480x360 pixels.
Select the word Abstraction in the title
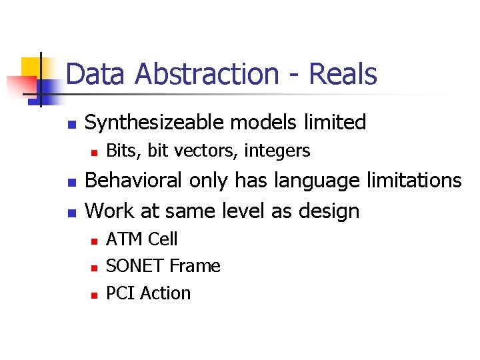[x=206, y=74]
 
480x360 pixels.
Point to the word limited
[x=335, y=122]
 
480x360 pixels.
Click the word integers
[x=277, y=152]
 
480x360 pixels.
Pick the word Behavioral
[x=135, y=181]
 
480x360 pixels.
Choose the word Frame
[x=195, y=266]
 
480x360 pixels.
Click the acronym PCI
[x=120, y=293]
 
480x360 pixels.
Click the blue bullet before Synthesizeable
[x=73, y=124]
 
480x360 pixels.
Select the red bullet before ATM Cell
[x=94, y=240]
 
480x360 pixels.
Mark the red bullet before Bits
[x=94, y=153]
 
